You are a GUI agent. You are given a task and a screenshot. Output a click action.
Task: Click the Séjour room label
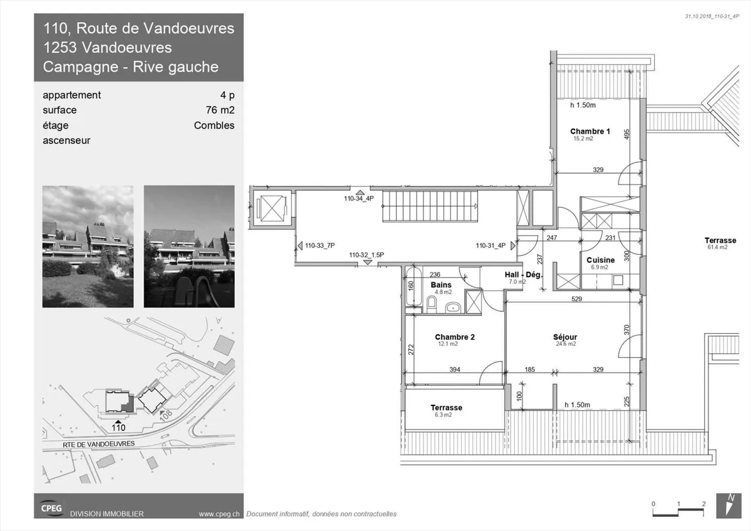pyautogui.click(x=565, y=337)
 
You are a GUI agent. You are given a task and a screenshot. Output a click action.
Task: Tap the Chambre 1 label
pyautogui.click(x=590, y=131)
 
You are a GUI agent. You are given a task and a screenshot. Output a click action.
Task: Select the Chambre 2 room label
pyautogui.click(x=454, y=337)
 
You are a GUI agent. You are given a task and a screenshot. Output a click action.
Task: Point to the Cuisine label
pyautogui.click(x=600, y=260)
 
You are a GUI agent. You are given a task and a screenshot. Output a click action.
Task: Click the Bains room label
pyautogui.click(x=441, y=285)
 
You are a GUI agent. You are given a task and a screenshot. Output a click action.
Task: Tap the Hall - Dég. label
pyautogui.click(x=523, y=275)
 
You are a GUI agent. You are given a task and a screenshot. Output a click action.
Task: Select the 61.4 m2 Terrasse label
pyautogui.click(x=720, y=241)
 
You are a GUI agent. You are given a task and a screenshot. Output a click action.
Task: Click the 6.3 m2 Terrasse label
pyautogui.click(x=446, y=408)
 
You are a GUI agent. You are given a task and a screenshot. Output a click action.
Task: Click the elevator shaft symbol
pyautogui.click(x=271, y=208)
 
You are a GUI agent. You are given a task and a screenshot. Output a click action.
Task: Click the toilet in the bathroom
pyautogui.click(x=432, y=303)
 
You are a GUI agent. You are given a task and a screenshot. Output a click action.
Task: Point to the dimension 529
pyautogui.click(x=576, y=299)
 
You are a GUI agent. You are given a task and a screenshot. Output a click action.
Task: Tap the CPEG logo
pyautogui.click(x=51, y=508)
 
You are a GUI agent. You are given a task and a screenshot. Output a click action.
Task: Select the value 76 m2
pyautogui.click(x=220, y=110)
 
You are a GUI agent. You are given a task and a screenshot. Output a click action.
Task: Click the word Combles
pyautogui.click(x=214, y=125)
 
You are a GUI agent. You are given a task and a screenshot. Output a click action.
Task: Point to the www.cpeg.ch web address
pyautogui.click(x=219, y=514)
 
